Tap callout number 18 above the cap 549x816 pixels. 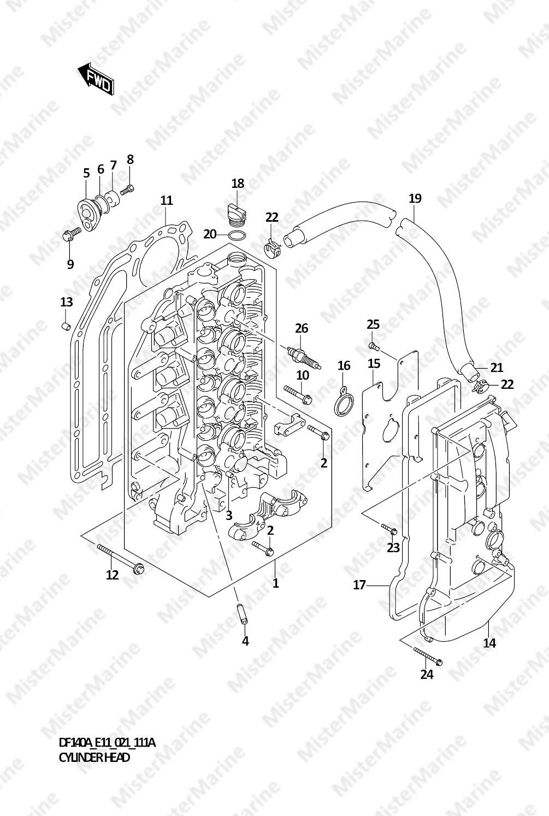tap(238, 184)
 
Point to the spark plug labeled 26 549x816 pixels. tap(304, 358)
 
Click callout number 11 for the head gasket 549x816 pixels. tap(166, 200)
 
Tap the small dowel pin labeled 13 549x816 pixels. tap(66, 326)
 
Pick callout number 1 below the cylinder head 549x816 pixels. tap(276, 583)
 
